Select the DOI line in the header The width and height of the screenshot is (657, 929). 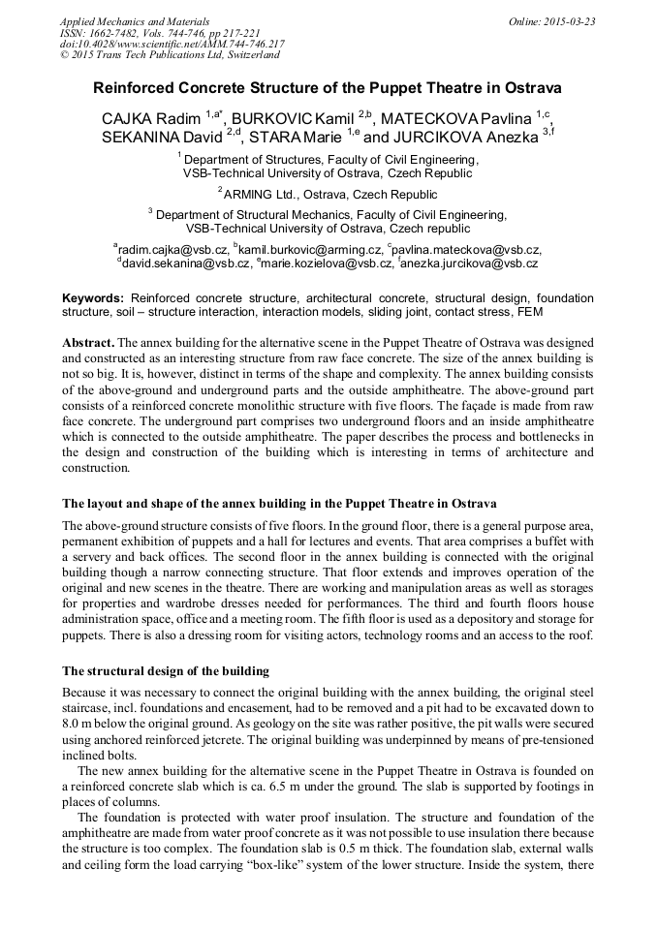(x=172, y=44)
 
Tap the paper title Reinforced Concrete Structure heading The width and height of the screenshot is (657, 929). (x=328, y=87)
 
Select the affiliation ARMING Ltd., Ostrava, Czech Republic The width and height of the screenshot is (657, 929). (x=328, y=194)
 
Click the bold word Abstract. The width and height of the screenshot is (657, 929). (x=88, y=344)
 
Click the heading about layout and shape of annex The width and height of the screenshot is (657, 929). (x=279, y=504)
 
